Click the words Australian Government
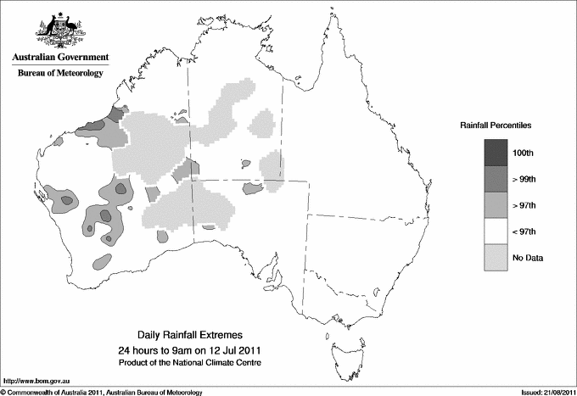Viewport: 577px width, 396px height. click(59, 58)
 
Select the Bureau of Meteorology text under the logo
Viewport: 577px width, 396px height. click(59, 74)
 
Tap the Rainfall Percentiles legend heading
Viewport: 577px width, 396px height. click(496, 125)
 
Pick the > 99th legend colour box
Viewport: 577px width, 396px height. click(496, 179)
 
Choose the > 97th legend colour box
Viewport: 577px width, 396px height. click(496, 205)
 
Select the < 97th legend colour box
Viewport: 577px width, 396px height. click(496, 231)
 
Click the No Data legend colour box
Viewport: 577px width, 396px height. click(496, 258)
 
